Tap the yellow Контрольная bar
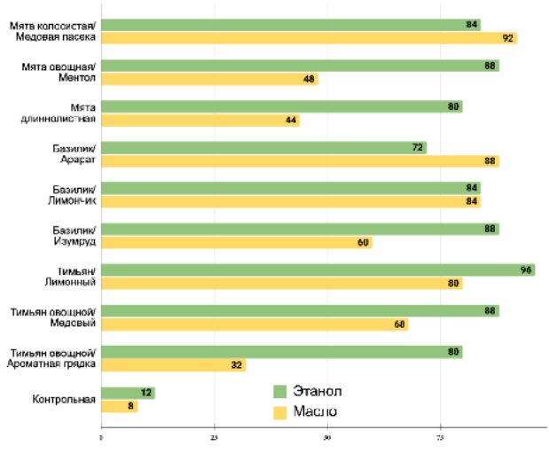[x=119, y=406]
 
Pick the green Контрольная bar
[x=128, y=393]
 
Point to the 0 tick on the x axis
[x=101, y=437]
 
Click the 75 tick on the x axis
[x=440, y=437]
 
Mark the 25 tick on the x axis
[x=214, y=437]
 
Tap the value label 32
[x=237, y=364]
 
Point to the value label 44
[x=291, y=120]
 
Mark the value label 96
[x=526, y=269]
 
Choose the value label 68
[x=399, y=324]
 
